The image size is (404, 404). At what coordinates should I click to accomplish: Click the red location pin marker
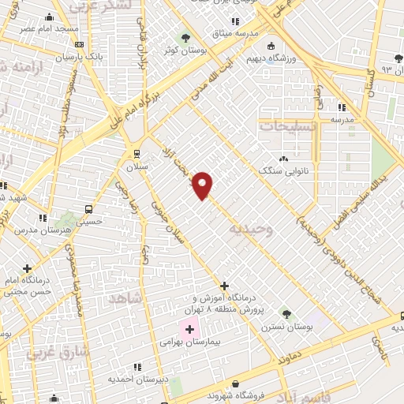pos(203,185)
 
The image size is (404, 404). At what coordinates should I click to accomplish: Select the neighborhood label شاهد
pos(125,298)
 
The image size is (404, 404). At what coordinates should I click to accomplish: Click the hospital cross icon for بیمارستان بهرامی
pos(190,328)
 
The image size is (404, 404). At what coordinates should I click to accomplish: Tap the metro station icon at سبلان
pos(136,154)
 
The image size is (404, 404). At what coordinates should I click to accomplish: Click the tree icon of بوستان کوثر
pos(186,37)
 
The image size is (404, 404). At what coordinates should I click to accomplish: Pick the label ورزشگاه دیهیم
pos(295,58)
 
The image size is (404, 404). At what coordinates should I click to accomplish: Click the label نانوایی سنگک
pos(282,170)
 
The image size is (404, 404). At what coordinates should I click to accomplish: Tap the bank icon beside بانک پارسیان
pos(78,45)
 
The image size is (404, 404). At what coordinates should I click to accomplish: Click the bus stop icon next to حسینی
pos(88,210)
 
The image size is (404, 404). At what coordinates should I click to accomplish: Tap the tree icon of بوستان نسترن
pos(286,314)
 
